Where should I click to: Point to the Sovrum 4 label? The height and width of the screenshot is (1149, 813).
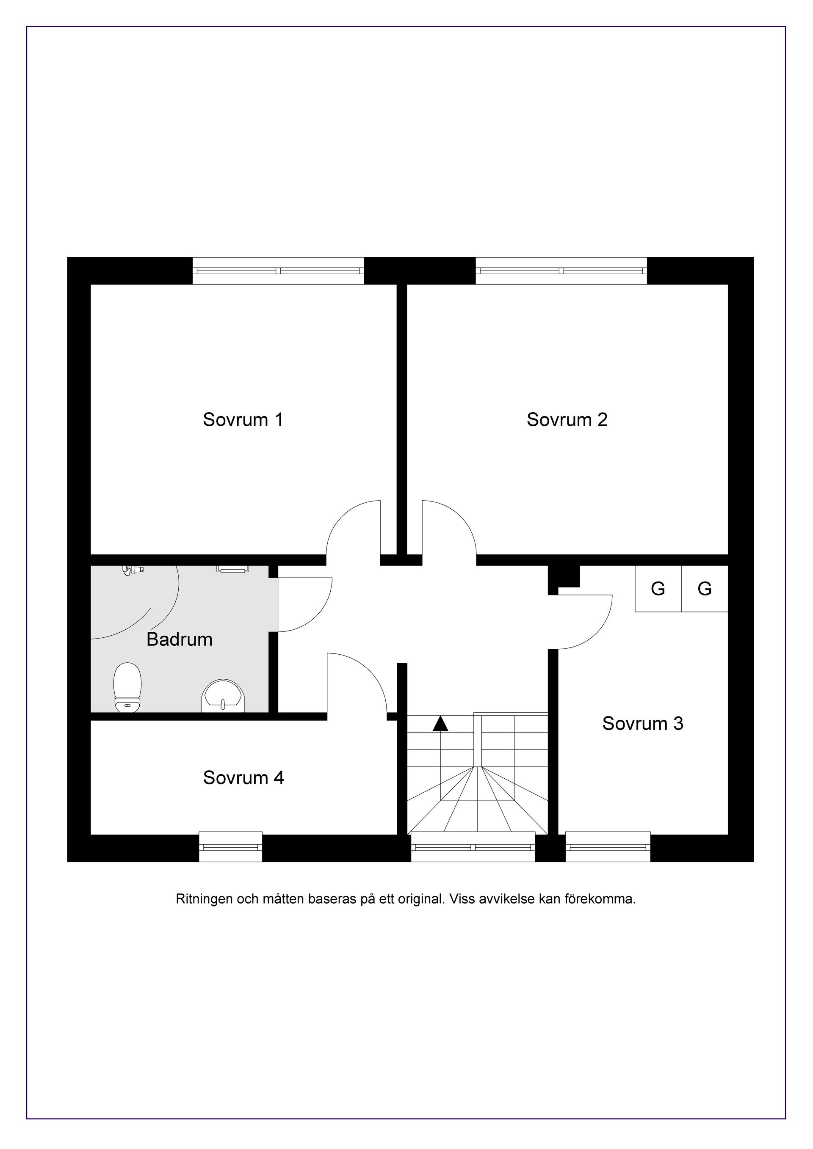[x=243, y=778]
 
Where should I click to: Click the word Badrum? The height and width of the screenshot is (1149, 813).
[x=179, y=639]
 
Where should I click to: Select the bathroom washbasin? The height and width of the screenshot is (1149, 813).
[x=223, y=696]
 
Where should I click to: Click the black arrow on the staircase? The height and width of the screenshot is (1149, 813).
[x=440, y=724]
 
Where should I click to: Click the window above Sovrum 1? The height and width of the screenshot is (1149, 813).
[x=278, y=271]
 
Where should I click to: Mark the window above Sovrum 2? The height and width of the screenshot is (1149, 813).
[x=561, y=271]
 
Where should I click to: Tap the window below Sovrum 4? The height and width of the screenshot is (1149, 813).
[x=230, y=847]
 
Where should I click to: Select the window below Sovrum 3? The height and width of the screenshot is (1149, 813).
[x=608, y=847]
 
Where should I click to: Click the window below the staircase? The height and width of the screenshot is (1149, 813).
[x=473, y=847]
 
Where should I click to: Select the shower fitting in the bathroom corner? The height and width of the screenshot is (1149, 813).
[x=133, y=570]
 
